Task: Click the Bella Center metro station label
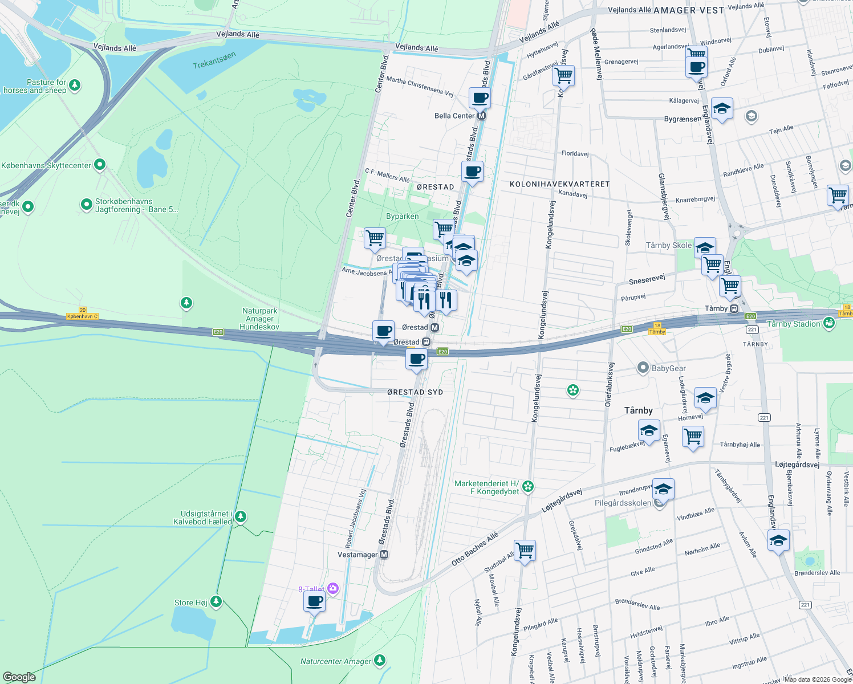tap(454, 116)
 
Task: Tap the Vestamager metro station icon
tap(384, 555)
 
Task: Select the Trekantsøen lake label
tap(214, 61)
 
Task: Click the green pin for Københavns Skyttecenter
tap(100, 165)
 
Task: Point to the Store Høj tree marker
tap(216, 601)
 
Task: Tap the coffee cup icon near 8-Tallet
tap(314, 600)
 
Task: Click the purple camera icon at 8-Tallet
tap(333, 589)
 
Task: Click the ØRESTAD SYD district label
tap(415, 392)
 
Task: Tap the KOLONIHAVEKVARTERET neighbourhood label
tap(559, 184)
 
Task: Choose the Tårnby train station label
tap(716, 308)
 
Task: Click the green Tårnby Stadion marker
tap(829, 323)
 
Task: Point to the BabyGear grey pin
tap(643, 368)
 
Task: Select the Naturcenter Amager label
tap(336, 661)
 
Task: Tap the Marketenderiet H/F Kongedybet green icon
tap(528, 486)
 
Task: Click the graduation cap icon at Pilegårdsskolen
tap(663, 489)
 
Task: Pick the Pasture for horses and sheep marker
tap(75, 85)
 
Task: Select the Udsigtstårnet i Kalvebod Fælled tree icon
tap(241, 516)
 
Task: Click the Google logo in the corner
tap(19, 677)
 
